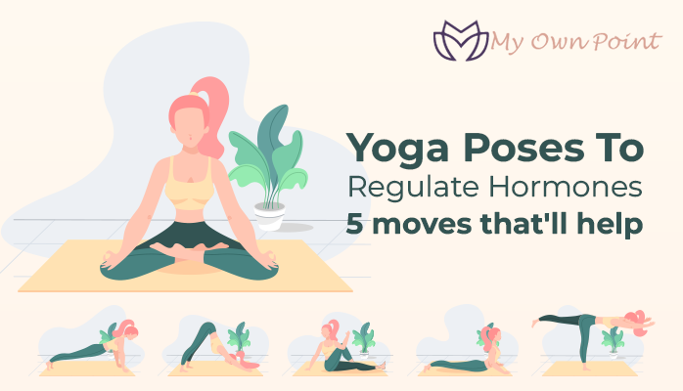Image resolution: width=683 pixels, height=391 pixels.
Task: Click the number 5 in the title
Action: coord(354,224)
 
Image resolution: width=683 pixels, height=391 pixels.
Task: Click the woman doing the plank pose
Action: coord(93,348)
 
